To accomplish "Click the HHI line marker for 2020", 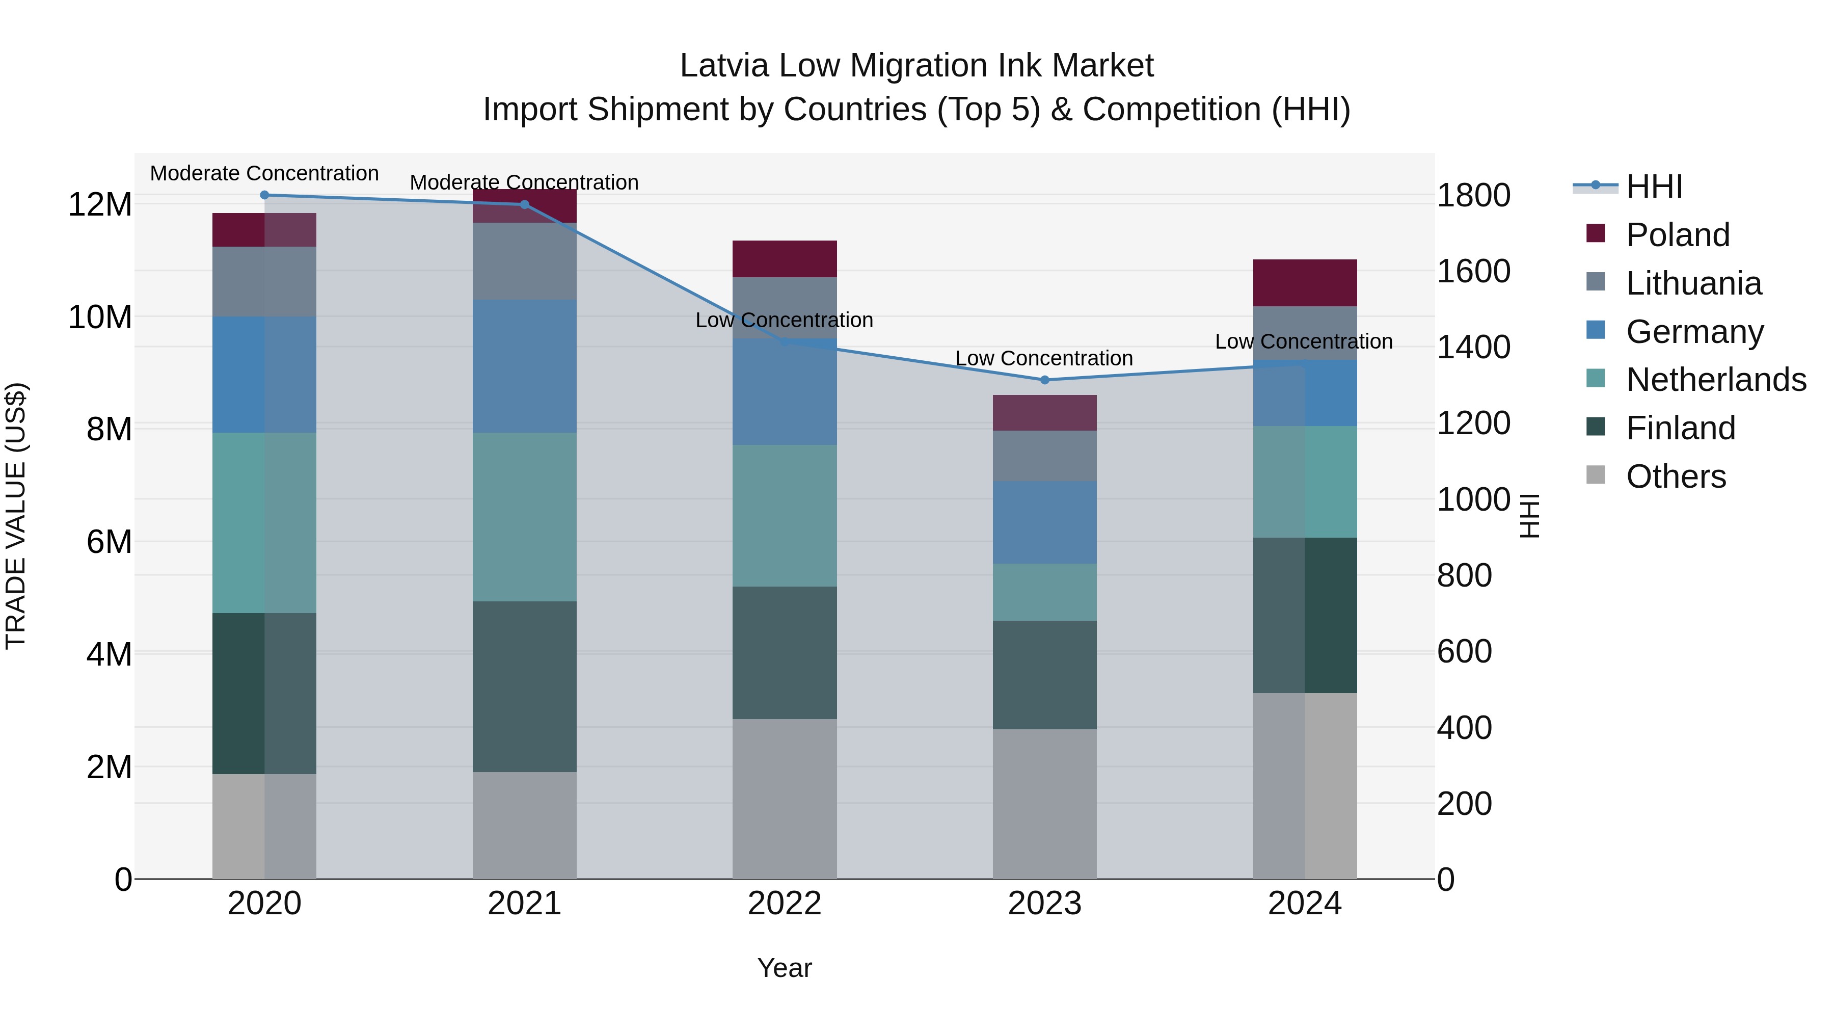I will (264, 195).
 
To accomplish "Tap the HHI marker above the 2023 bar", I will (1044, 380).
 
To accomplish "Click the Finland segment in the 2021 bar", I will (524, 686).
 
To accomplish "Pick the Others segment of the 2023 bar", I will (1044, 803).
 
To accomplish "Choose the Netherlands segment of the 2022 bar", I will (785, 516).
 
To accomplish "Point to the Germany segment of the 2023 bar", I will (1044, 522).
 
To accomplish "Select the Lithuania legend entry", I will (1693, 283).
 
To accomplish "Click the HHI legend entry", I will (1654, 187).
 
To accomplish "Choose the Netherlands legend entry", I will (1715, 380).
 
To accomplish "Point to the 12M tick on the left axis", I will (100, 205).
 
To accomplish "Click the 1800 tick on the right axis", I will (1473, 195).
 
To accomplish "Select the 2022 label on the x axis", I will (785, 904).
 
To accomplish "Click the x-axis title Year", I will (785, 968).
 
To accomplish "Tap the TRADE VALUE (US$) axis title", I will (16, 516).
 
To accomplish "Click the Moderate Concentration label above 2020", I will (264, 173).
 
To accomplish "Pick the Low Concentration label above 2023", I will (1044, 358).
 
